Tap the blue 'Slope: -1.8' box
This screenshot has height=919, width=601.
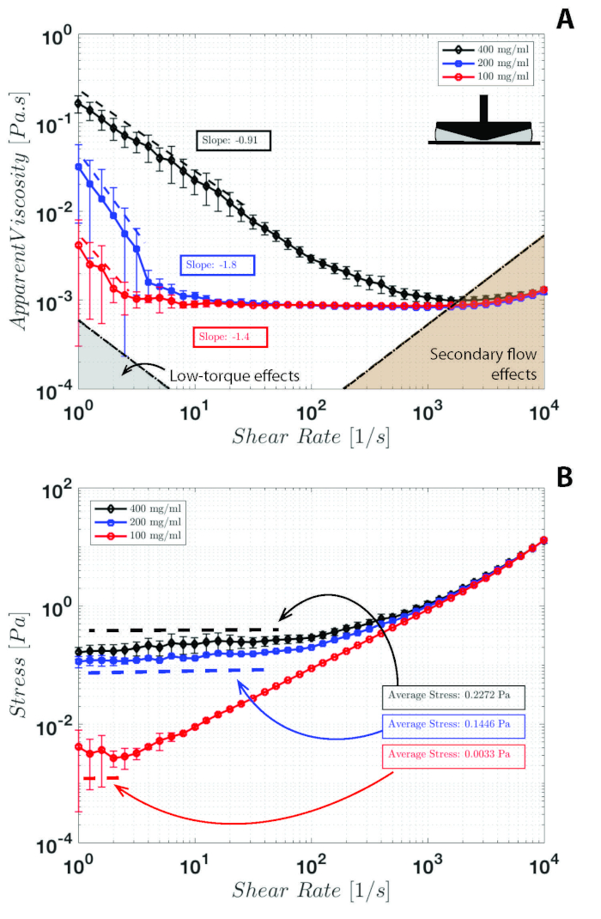(x=217, y=265)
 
